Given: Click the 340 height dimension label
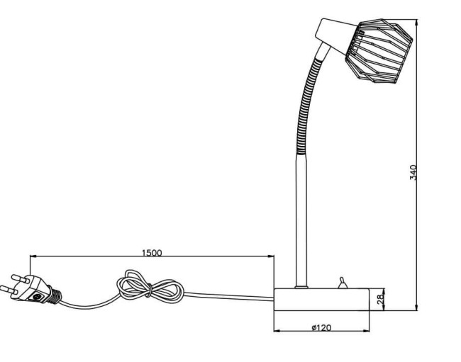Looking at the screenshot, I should [x=413, y=171].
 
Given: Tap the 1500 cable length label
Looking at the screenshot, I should [x=151, y=251].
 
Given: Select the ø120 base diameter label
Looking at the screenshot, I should [x=321, y=327].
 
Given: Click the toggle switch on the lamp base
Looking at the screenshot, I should [x=342, y=283].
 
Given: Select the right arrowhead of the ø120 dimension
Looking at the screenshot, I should [x=369, y=331].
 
